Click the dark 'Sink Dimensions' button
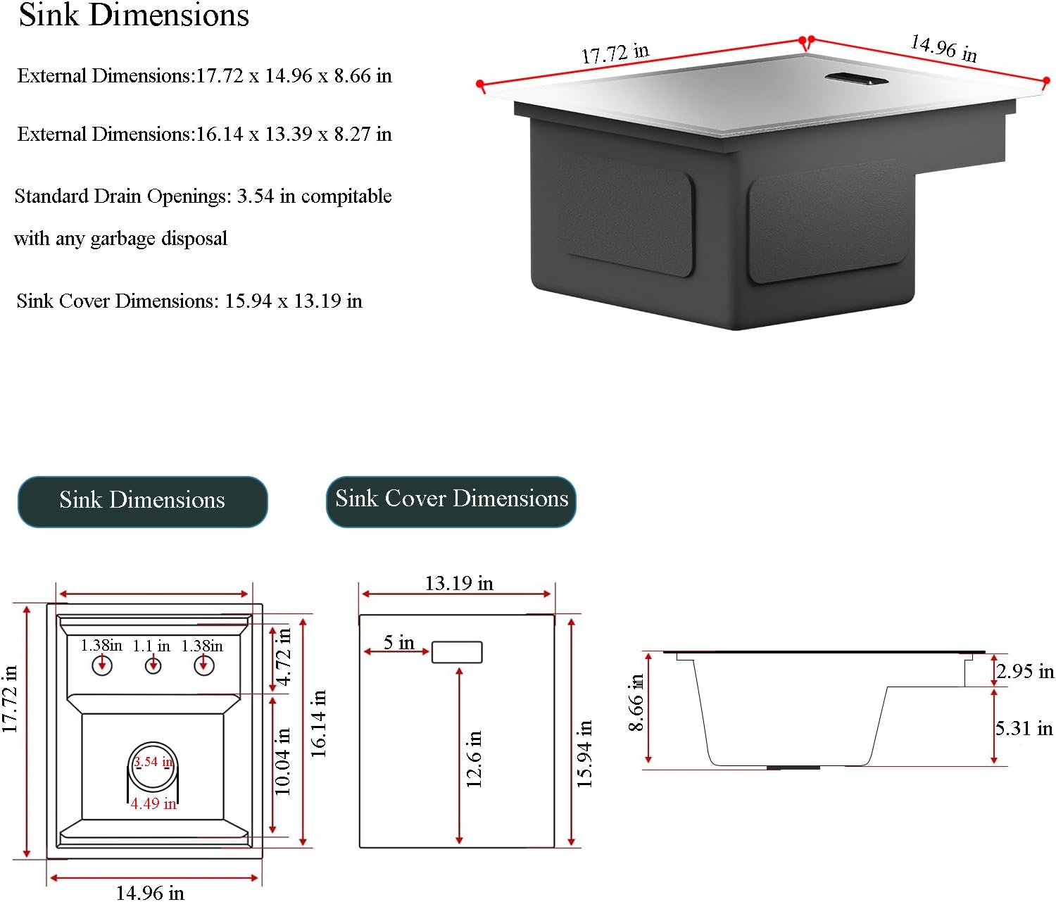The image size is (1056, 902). click(x=142, y=501)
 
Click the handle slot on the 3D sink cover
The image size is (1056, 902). click(x=856, y=78)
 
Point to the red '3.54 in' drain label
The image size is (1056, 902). click(x=153, y=762)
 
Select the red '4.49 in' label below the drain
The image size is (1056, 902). click(x=153, y=803)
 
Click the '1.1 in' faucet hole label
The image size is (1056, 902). click(x=151, y=646)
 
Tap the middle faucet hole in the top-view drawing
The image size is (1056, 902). click(x=153, y=665)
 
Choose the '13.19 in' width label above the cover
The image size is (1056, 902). click(x=458, y=583)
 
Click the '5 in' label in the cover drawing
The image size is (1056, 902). click(x=398, y=642)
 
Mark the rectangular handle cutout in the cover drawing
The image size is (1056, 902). click(x=457, y=652)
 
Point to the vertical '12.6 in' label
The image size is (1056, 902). click(x=474, y=758)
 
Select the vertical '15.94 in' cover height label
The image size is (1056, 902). click(x=585, y=753)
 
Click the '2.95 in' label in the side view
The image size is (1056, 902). click(x=1025, y=671)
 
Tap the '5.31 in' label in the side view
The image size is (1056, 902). click(x=1024, y=728)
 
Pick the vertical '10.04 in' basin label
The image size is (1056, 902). click(x=283, y=762)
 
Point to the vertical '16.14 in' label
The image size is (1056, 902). click(x=319, y=723)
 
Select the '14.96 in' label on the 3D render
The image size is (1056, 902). click(x=943, y=48)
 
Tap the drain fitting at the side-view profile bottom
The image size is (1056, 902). click(x=793, y=767)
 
